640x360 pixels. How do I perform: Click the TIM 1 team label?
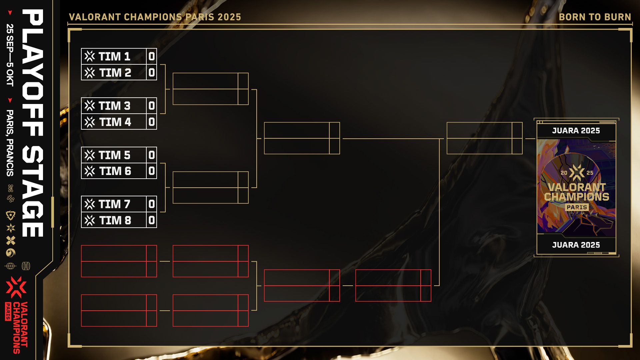(114, 56)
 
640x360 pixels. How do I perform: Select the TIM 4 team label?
(115, 122)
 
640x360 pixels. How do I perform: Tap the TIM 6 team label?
(115, 171)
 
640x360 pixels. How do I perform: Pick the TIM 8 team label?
(115, 220)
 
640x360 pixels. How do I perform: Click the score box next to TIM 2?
(152, 72)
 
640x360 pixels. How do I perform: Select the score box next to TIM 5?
(152, 155)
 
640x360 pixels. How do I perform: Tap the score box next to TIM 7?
(152, 204)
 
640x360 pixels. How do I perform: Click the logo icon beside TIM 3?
(90, 106)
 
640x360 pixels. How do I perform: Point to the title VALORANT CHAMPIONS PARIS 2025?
(155, 17)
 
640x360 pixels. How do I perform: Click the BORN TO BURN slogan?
(595, 17)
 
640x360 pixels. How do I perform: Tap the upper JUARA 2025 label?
(576, 131)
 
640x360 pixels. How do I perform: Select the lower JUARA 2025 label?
(576, 245)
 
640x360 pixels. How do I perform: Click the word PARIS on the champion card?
(577, 207)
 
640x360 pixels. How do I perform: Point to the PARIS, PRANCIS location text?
(10, 143)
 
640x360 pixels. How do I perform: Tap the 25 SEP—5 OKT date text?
(10, 55)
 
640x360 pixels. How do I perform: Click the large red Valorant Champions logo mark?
(16, 287)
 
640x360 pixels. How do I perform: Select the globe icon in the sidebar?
(10, 266)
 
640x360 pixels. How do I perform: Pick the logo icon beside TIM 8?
(90, 220)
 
